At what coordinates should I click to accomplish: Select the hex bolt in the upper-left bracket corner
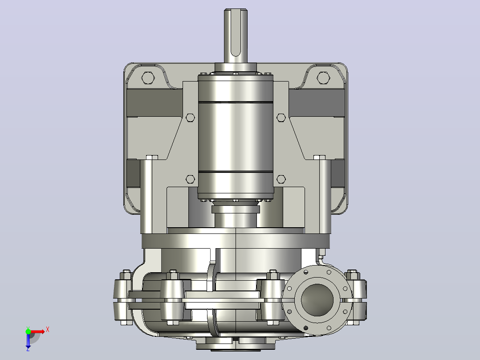pyautogui.click(x=148, y=78)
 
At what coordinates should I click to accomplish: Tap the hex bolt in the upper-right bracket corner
pyautogui.click(x=323, y=78)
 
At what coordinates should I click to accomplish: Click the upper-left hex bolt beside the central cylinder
pyautogui.click(x=190, y=118)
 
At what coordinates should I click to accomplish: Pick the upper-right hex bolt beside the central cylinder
pyautogui.click(x=281, y=118)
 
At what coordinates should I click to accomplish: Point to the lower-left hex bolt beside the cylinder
pyautogui.click(x=190, y=179)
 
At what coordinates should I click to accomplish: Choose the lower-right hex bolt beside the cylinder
pyautogui.click(x=281, y=179)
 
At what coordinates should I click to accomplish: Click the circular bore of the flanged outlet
pyautogui.click(x=317, y=300)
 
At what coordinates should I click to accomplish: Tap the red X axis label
pyautogui.click(x=48, y=330)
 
